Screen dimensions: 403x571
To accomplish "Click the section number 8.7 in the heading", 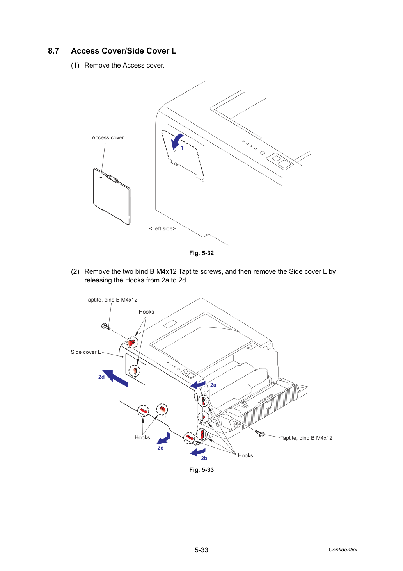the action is tap(53, 51).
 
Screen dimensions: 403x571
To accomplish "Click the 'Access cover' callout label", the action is tap(108, 137).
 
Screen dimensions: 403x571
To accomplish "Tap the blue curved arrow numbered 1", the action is tap(177, 141).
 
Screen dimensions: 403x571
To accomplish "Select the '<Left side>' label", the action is tap(162, 228).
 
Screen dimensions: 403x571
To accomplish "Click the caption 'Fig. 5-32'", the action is tap(201, 253).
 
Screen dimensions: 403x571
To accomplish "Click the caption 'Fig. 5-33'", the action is tap(201, 469).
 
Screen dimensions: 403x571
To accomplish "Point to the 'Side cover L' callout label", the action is tap(85, 352).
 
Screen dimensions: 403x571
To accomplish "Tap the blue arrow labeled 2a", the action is tap(198, 385).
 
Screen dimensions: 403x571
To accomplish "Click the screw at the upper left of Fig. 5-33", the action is tap(106, 327).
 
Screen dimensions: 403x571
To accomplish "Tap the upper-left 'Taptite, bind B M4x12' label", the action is tap(111, 300).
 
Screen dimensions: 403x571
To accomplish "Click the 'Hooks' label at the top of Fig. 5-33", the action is tap(146, 312).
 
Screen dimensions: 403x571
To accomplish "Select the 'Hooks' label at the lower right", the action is tap(245, 455).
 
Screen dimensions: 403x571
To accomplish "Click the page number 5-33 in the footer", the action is tap(201, 550).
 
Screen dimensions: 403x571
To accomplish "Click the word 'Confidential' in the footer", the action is tap(343, 550).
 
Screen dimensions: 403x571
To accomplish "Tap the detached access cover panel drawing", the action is tap(112, 196).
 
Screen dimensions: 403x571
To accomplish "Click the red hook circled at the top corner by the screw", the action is tap(131, 343).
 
